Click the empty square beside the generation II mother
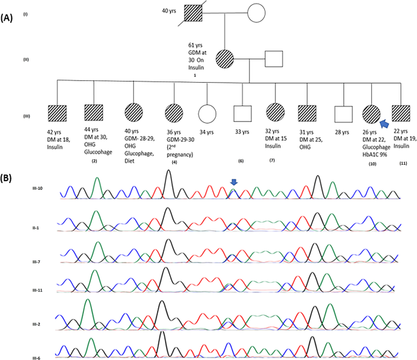[x=273, y=59]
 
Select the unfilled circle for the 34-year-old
[x=207, y=114]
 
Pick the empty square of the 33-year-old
[x=242, y=114]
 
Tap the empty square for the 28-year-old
[x=342, y=114]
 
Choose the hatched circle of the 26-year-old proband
[x=371, y=114]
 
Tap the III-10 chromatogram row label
[x=39, y=189]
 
